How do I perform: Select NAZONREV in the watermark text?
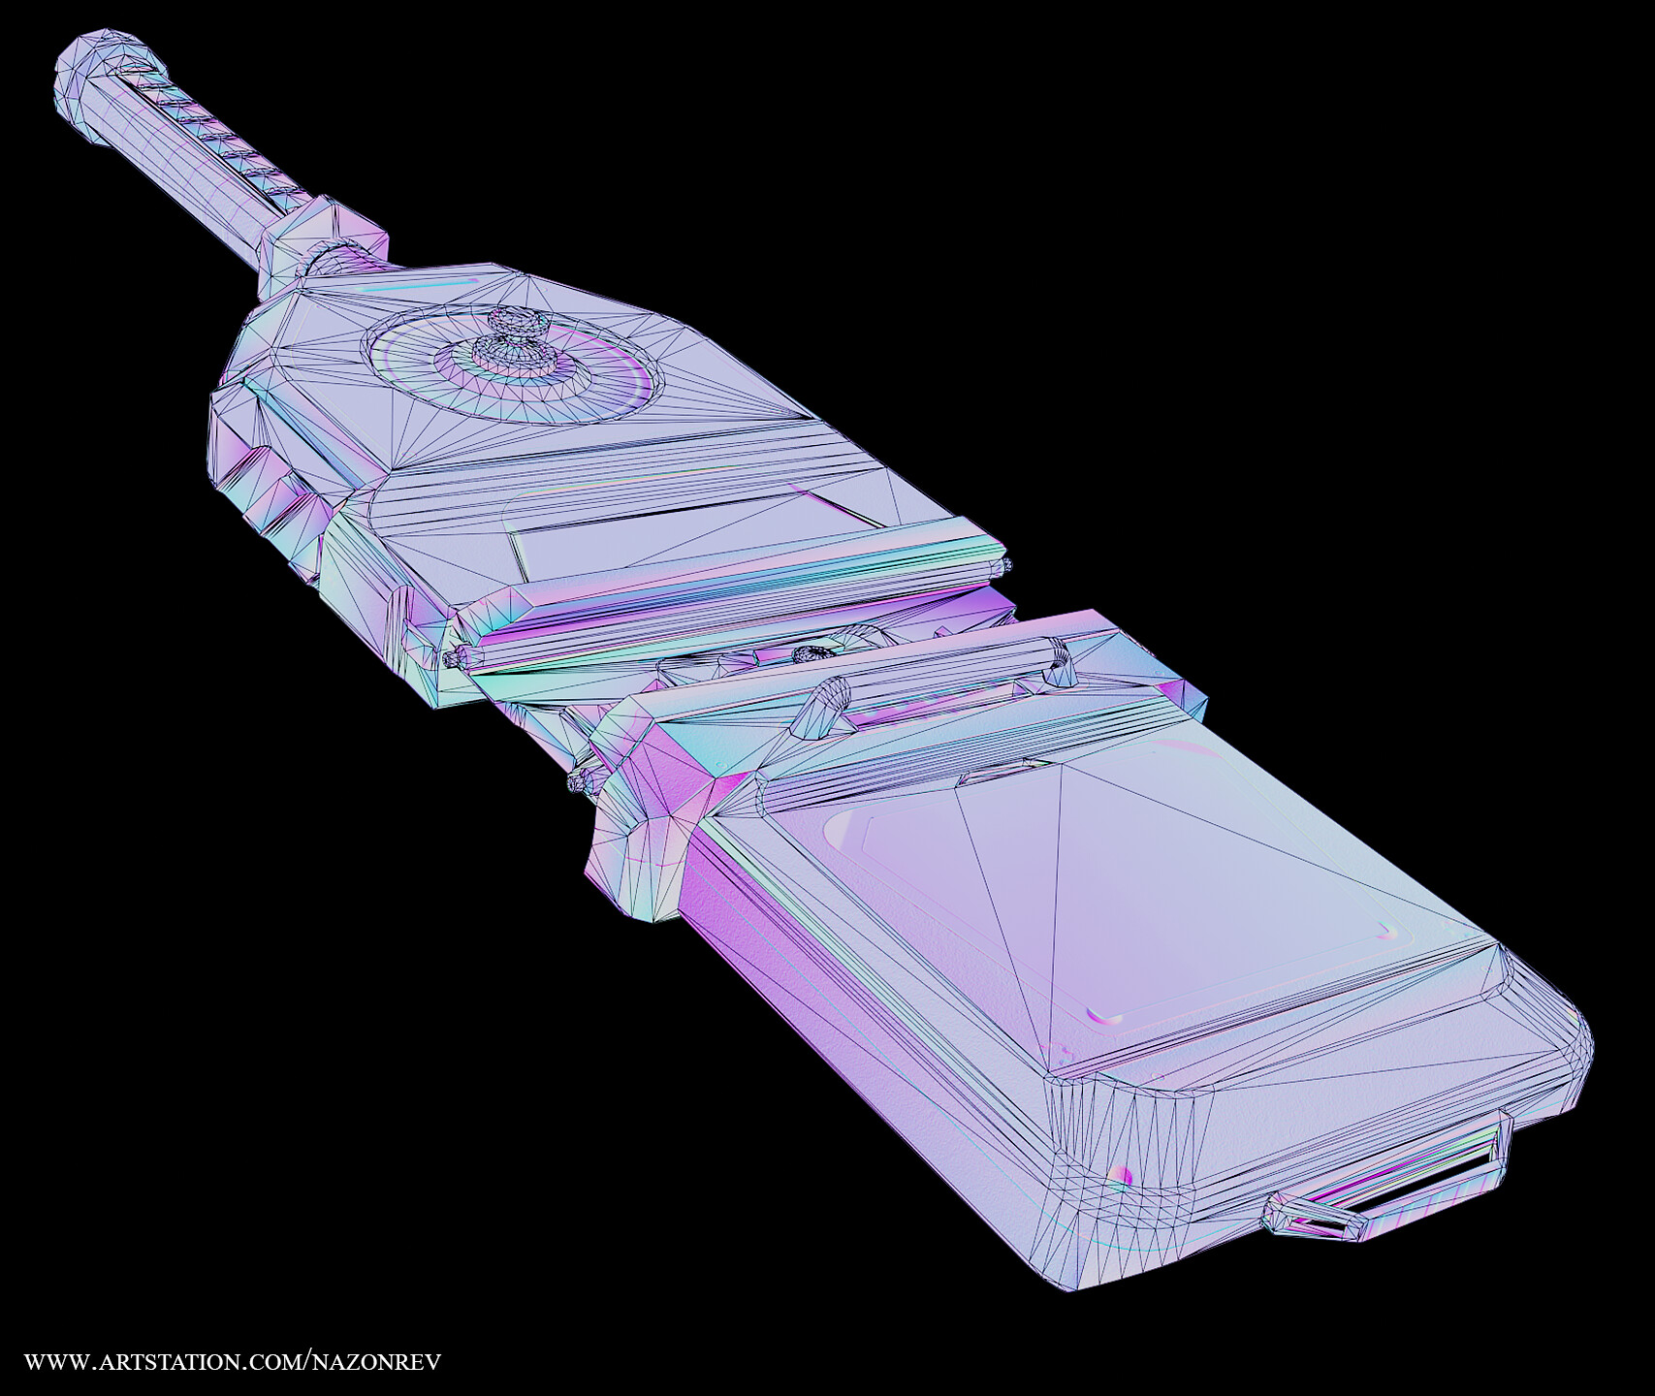pos(375,1361)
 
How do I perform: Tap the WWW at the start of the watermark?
pos(55,1361)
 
